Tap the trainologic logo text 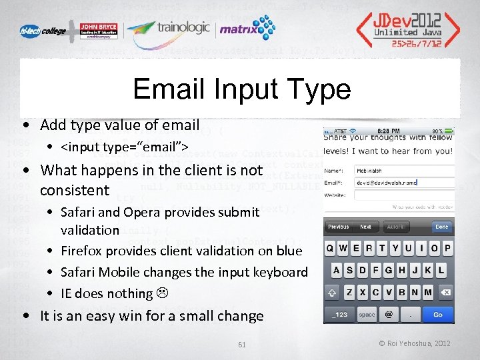point(183,28)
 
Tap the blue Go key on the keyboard point(437,314)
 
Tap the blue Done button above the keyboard point(441,227)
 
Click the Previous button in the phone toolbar point(339,227)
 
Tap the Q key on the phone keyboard point(330,249)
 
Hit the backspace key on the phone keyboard point(445,293)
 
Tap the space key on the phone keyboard point(367,314)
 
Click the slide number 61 point(242,344)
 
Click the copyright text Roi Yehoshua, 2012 point(415,343)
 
